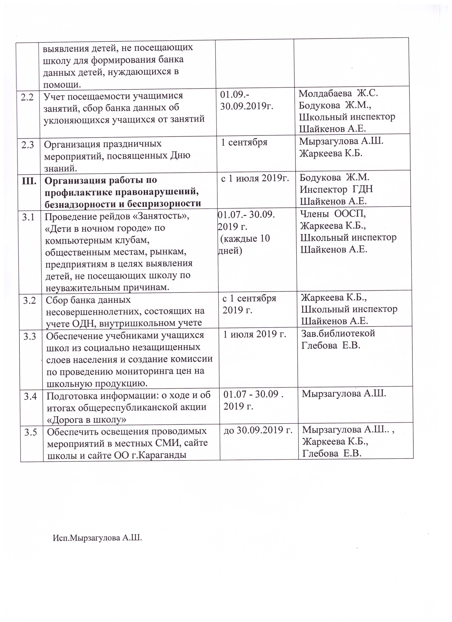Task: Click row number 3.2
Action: pyautogui.click(x=30, y=301)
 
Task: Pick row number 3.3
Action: pyautogui.click(x=30, y=336)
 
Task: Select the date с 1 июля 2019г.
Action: pyautogui.click(x=255, y=179)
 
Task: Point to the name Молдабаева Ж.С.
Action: pyautogui.click(x=338, y=94)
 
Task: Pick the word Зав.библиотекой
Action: pyautogui.click(x=338, y=333)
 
